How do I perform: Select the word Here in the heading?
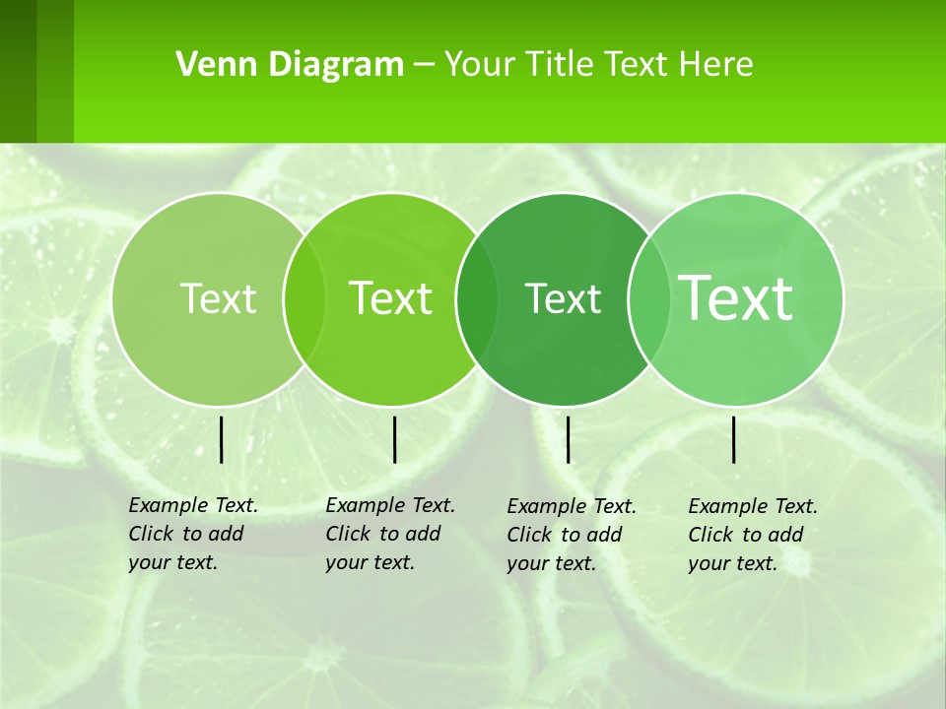715,65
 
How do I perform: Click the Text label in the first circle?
218,298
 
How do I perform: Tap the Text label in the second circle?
390,298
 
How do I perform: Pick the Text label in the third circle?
563,298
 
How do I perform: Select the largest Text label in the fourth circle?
736,298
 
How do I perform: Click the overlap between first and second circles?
304,298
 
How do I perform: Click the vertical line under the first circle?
221,439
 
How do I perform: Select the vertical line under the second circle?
394,439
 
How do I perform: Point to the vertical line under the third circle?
568,439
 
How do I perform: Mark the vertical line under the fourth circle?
733,439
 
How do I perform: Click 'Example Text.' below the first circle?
193,505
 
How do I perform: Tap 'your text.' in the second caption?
370,562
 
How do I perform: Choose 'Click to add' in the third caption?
565,535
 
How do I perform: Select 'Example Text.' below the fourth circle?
753,506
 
